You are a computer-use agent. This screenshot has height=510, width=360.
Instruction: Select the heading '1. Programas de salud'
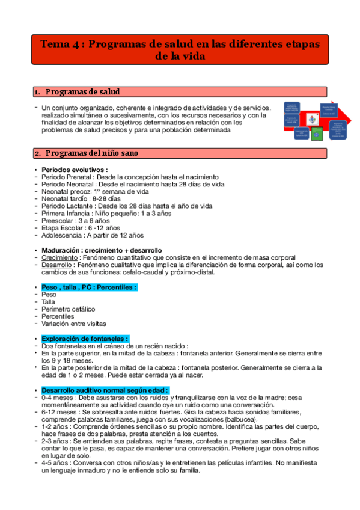pos(82,92)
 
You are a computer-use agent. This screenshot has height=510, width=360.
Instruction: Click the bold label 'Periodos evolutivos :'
pos(75,170)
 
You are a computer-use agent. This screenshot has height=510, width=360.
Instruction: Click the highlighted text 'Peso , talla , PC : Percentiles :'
pos(89,287)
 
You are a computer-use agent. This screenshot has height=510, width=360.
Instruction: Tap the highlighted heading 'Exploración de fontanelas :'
pos(85,339)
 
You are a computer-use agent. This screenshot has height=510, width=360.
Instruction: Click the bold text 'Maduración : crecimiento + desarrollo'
pos(101,250)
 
